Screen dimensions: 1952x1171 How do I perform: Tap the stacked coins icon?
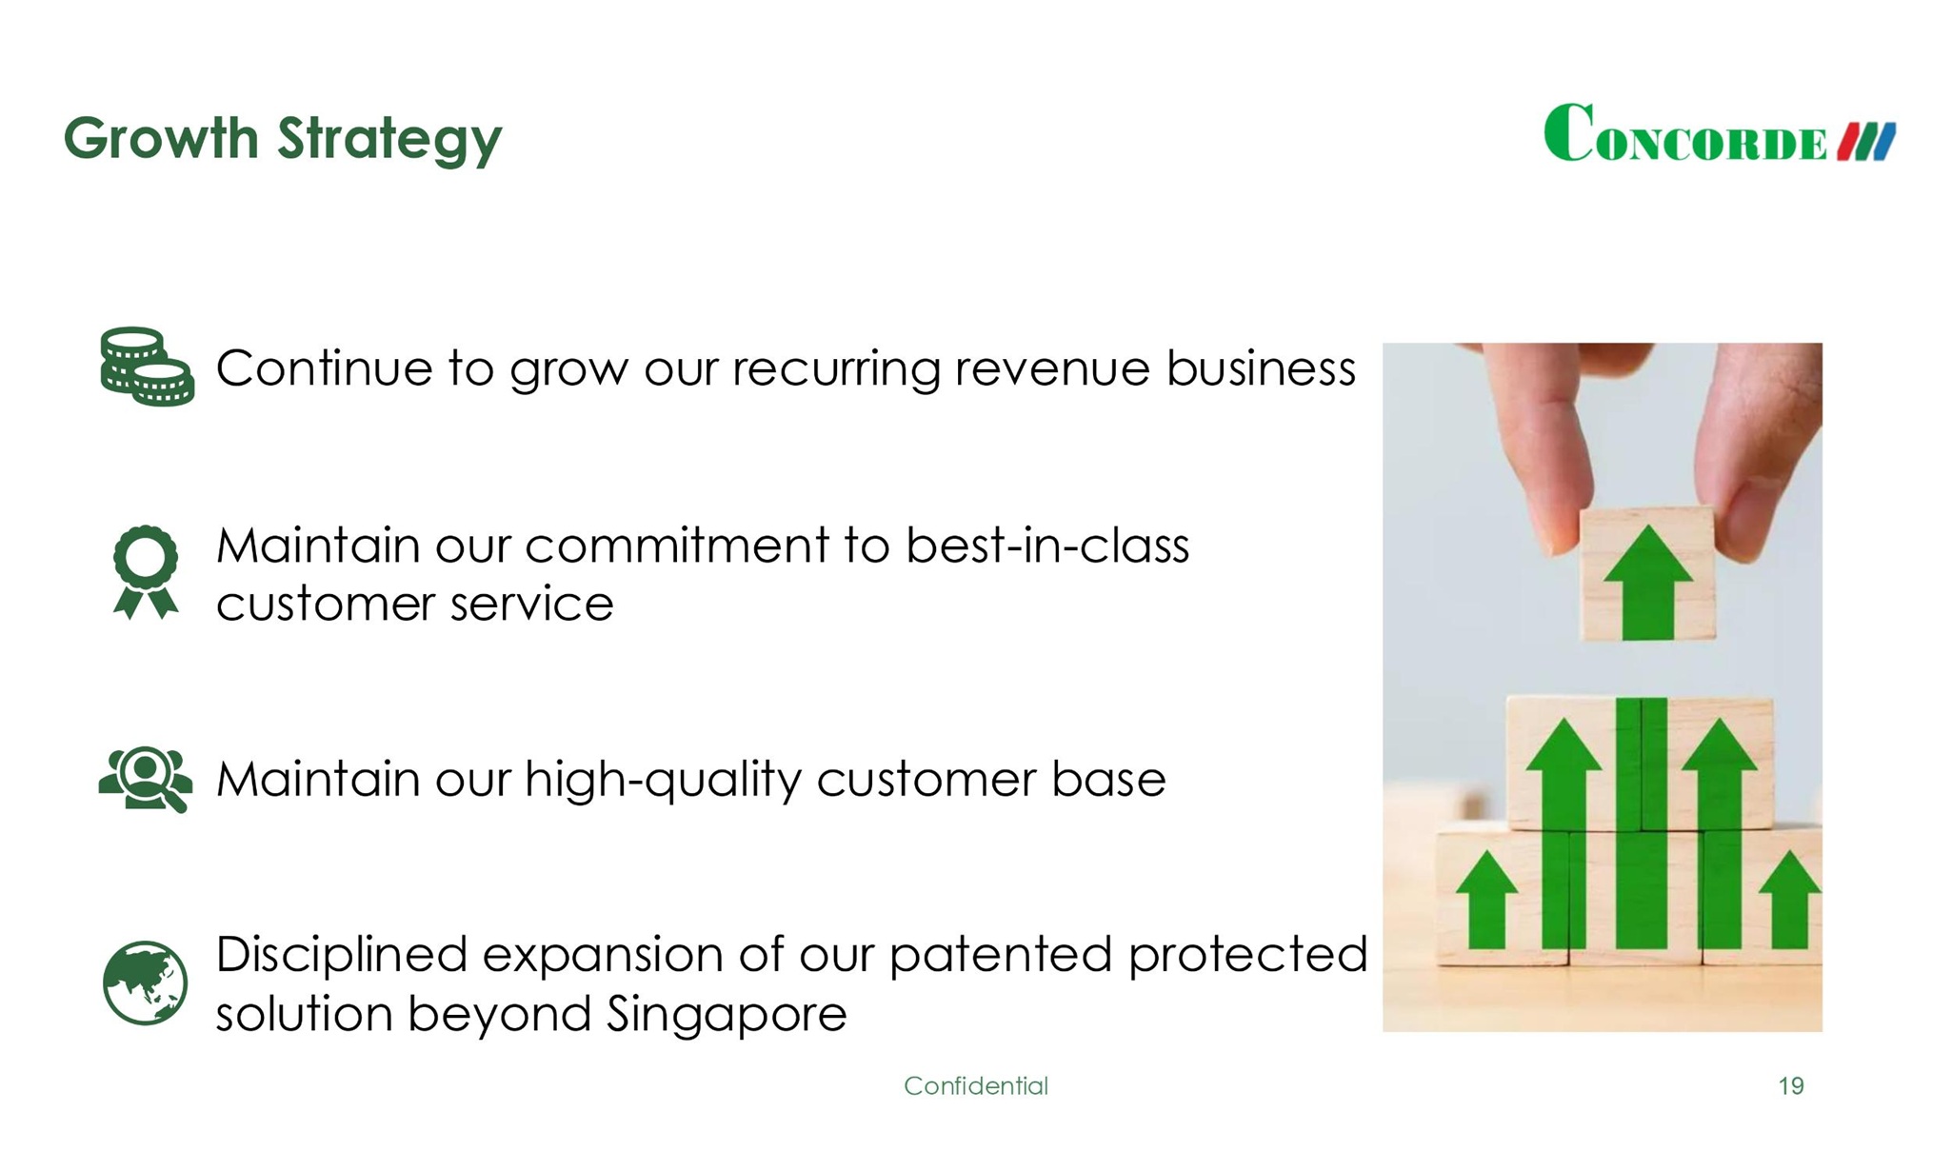[148, 367]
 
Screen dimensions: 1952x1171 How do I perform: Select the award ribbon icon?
[146, 572]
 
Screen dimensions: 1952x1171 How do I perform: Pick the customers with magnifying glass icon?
[145, 779]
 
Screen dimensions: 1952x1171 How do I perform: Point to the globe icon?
[145, 982]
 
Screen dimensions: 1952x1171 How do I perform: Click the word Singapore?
[727, 1015]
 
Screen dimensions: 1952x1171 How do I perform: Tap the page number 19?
[1791, 1086]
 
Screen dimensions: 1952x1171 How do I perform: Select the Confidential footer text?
[976, 1086]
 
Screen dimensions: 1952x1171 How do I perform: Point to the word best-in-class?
[1047, 546]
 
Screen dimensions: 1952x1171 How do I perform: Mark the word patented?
[1001, 955]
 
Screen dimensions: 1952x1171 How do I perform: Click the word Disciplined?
[342, 955]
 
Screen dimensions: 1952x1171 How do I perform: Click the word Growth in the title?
[161, 138]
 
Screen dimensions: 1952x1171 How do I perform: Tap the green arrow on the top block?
[1648, 582]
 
